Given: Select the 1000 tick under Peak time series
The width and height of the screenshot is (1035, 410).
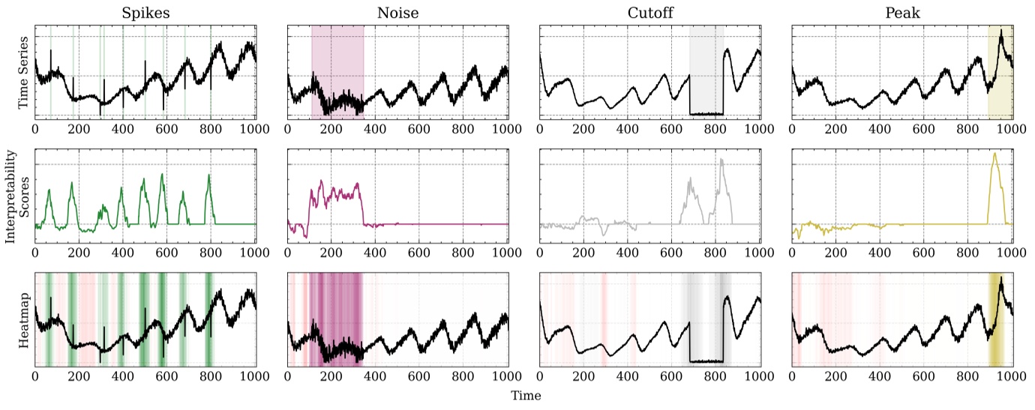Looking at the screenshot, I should tap(1012, 129).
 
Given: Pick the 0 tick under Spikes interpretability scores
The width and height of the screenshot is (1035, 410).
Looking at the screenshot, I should tap(35, 253).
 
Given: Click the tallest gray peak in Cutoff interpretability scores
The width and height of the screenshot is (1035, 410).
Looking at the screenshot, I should tap(721, 160).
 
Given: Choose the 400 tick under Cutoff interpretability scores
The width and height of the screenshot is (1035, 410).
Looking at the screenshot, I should tap(627, 253).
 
